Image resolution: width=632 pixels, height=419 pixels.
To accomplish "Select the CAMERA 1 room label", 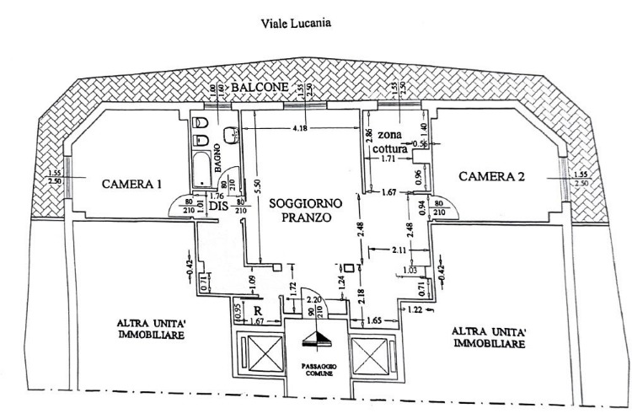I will pos(131,183).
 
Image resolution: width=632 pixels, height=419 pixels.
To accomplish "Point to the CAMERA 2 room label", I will pos(492,176).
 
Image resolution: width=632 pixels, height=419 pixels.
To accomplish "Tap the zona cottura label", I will pos(396,142).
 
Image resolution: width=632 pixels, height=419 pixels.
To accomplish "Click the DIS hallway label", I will pos(218,207).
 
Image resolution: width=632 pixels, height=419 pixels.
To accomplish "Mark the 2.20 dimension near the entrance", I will pos(314,300).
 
